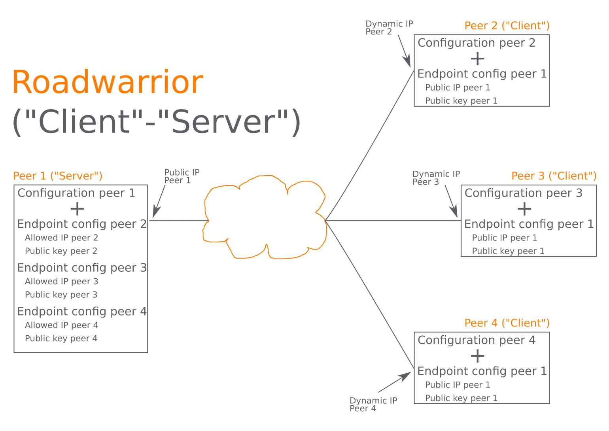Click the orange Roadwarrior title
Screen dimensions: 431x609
[x=108, y=82]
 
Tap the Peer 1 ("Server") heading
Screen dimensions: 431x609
[x=58, y=176]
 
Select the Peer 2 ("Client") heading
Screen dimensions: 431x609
[x=507, y=26]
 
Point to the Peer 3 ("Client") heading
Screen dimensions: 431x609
[x=554, y=176]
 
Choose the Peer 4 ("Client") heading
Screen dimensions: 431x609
[x=507, y=323]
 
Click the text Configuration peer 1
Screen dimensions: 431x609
[x=76, y=193]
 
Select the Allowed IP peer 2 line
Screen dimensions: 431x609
[x=61, y=238]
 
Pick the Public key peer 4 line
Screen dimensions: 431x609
[x=61, y=338]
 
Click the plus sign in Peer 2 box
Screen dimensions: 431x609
[x=478, y=59]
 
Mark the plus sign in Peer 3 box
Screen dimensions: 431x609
[x=525, y=209]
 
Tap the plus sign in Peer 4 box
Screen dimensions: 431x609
[x=478, y=356]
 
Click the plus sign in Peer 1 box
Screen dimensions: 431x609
[x=78, y=209]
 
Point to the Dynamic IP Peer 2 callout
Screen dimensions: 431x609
[x=389, y=28]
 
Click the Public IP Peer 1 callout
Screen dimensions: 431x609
[x=182, y=176]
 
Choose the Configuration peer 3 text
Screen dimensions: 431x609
[x=523, y=193]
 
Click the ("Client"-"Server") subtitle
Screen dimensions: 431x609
[x=157, y=122]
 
